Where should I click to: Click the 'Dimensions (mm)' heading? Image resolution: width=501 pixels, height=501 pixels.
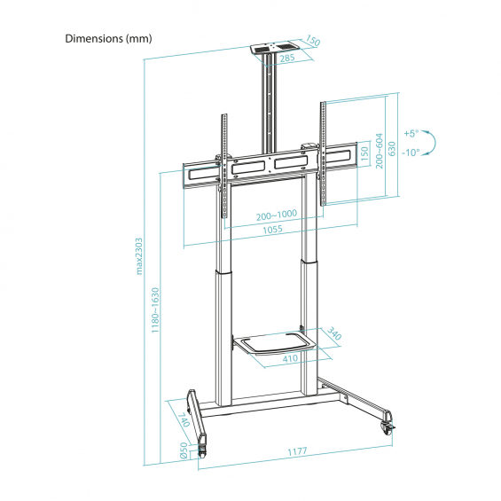pyautogui.click(x=109, y=39)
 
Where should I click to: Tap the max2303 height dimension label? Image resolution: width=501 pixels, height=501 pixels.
pyautogui.click(x=139, y=256)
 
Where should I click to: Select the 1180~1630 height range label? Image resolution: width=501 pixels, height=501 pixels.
pyautogui.click(x=155, y=310)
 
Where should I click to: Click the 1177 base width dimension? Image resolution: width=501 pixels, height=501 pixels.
pyautogui.click(x=297, y=451)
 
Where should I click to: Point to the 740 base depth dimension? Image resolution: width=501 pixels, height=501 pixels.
pyautogui.click(x=184, y=419)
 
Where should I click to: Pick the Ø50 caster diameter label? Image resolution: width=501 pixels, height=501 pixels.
pyautogui.click(x=184, y=450)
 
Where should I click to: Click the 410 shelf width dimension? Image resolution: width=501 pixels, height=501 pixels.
pyautogui.click(x=290, y=358)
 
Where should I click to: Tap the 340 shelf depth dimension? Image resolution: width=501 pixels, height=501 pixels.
pyautogui.click(x=334, y=333)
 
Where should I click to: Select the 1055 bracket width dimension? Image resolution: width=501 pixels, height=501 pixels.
pyautogui.click(x=272, y=229)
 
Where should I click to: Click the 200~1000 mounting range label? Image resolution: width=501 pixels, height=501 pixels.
pyautogui.click(x=277, y=215)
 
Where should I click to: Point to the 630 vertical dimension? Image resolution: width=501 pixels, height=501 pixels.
pyautogui.click(x=392, y=149)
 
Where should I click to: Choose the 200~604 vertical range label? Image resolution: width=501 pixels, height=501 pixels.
pyautogui.click(x=379, y=151)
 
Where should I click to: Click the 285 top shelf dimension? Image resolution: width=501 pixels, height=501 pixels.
pyautogui.click(x=287, y=59)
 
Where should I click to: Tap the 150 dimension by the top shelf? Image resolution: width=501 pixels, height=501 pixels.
pyautogui.click(x=312, y=40)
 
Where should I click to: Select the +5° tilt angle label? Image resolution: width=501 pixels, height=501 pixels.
pyautogui.click(x=411, y=133)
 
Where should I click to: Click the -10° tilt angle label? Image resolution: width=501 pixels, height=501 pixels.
pyautogui.click(x=411, y=153)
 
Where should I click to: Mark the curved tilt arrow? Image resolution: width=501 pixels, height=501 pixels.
pyautogui.click(x=434, y=143)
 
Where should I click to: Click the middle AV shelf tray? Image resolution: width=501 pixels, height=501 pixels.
pyautogui.click(x=275, y=344)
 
